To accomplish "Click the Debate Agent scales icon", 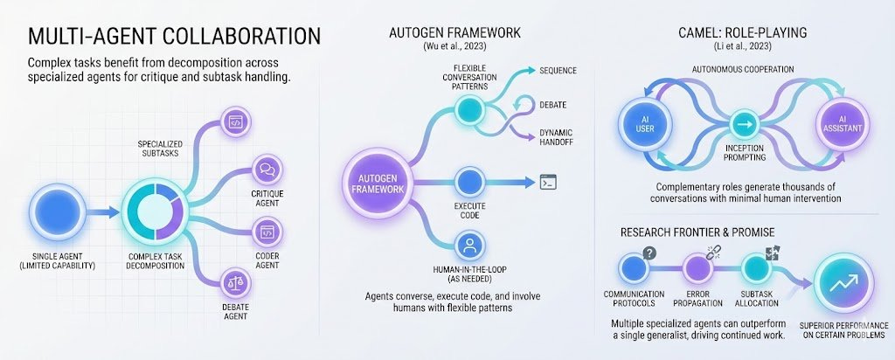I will (234, 281).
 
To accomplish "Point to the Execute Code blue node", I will (470, 182).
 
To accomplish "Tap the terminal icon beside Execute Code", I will (549, 182).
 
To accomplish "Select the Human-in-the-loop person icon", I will (470, 244).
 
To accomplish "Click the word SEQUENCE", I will (559, 69).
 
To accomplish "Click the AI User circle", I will (645, 123).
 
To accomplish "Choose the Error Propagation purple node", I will (697, 267).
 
